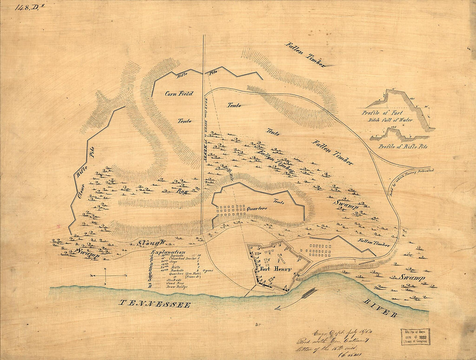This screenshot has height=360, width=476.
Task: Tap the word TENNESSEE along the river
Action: [x=154, y=304]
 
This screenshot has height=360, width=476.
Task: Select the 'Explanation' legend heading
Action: [x=168, y=252]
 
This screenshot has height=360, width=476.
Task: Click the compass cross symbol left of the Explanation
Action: [x=108, y=275]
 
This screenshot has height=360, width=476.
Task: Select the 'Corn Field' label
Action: [x=179, y=93]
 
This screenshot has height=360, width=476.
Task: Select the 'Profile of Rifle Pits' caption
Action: [x=402, y=147]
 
